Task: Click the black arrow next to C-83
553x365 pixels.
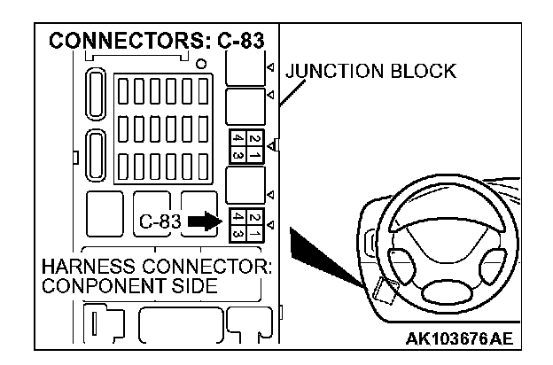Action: point(203,221)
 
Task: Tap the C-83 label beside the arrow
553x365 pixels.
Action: point(160,222)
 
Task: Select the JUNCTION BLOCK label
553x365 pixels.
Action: point(370,72)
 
